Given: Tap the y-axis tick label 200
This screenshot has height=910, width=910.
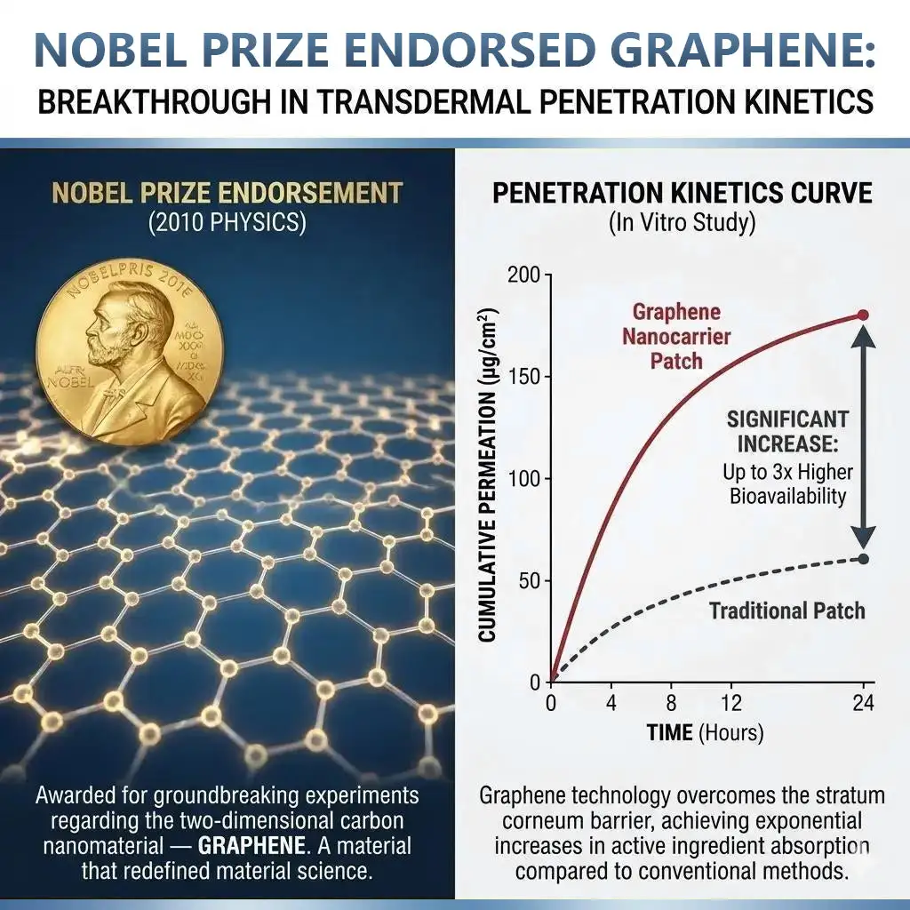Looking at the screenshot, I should [523, 275].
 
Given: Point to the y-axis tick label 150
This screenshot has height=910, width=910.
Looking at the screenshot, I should [524, 378].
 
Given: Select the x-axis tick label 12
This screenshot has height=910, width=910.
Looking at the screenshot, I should [730, 703].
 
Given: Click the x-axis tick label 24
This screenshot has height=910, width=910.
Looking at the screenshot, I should [863, 703].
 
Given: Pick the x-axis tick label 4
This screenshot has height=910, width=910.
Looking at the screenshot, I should [611, 703].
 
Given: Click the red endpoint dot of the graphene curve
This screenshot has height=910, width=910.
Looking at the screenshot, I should [863, 315].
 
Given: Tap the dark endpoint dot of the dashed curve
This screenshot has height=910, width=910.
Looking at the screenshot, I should [863, 559].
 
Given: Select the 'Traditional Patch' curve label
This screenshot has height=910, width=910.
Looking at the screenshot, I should [786, 611].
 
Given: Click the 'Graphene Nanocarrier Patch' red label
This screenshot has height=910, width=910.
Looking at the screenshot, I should [676, 337].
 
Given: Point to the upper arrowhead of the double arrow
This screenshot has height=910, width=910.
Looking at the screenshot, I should [863, 336].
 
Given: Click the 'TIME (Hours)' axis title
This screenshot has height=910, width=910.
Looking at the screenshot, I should [705, 733].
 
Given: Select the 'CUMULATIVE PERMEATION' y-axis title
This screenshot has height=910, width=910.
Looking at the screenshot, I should [488, 475].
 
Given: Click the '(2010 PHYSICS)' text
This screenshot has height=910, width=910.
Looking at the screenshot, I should [227, 222].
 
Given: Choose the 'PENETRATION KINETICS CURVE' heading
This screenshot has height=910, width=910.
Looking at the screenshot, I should [682, 192].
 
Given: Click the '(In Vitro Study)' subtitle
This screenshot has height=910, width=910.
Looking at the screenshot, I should [682, 222].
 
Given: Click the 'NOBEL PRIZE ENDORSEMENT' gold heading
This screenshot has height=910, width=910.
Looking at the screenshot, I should [227, 192].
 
